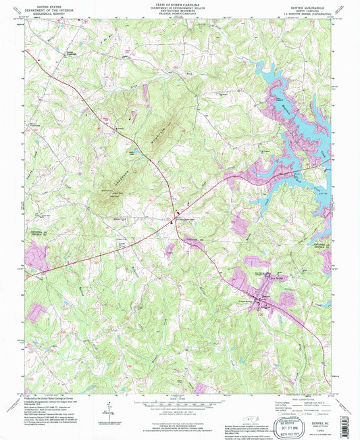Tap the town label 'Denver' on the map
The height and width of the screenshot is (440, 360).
coord(264,295)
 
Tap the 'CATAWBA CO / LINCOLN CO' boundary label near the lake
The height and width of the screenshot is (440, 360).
coord(319,244)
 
